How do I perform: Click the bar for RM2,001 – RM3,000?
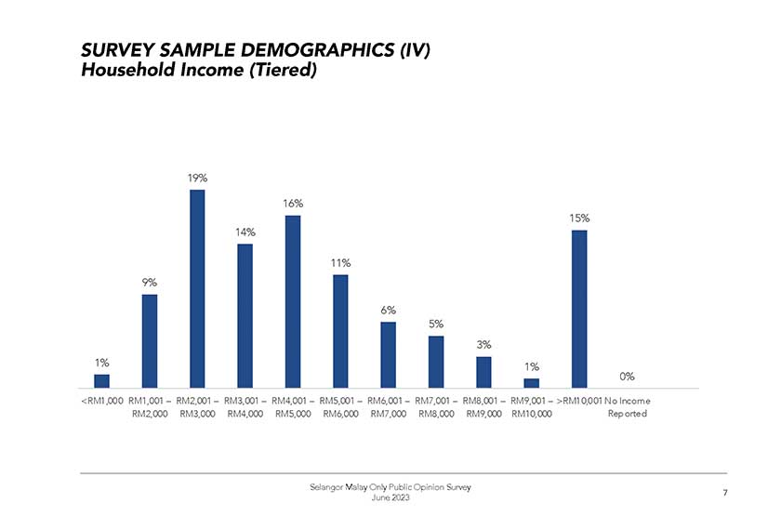pos(197,288)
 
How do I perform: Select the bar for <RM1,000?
pos(101,380)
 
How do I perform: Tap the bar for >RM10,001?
pos(579,309)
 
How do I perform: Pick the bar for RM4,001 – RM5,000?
pos(293,301)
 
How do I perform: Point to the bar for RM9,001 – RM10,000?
pos(531,382)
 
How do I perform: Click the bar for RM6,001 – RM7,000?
pos(389,354)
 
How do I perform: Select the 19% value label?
pos(197,177)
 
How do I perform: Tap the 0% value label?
pos(628,376)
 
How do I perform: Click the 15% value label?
pos(579,218)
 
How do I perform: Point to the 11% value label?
pos(340,262)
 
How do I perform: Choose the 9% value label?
pos(149,282)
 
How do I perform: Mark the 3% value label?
pos(483,344)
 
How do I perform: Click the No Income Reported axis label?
pos(628,407)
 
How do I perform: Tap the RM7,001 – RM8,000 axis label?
pos(436,407)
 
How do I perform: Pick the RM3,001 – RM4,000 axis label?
pos(245,407)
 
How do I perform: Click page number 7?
pos(724,493)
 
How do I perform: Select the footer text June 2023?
pos(390,499)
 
